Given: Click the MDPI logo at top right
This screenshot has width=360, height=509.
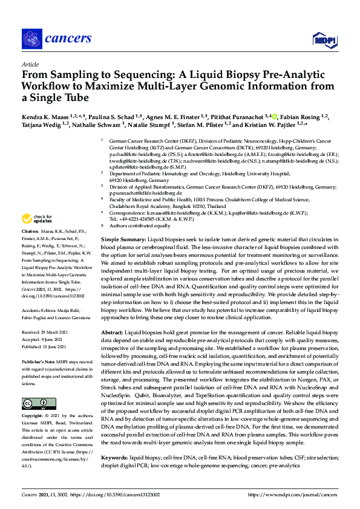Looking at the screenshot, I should pos(324,40).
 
